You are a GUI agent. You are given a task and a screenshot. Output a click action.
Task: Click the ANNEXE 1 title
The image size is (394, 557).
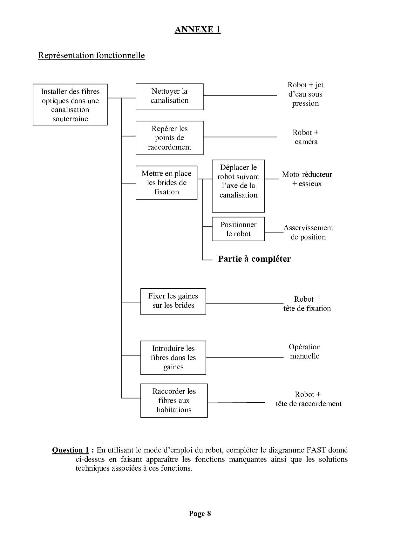click(197, 30)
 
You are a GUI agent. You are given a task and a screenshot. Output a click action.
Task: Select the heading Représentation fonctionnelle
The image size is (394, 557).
click(91, 55)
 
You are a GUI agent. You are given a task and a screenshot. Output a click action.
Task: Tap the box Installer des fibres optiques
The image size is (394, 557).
click(70, 105)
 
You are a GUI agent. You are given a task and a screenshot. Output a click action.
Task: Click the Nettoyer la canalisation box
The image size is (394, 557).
click(169, 97)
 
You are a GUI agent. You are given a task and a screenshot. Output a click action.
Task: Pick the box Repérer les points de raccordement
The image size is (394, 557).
click(169, 138)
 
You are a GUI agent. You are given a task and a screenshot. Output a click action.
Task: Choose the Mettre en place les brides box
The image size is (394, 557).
click(166, 183)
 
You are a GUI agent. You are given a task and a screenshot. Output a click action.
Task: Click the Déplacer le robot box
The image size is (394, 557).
click(238, 186)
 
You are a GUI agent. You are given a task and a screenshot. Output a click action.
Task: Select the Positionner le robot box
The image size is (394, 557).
click(238, 229)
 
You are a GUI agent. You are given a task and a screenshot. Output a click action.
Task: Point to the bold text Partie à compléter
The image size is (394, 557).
click(254, 259)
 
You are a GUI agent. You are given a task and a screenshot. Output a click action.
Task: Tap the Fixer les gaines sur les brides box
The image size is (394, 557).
click(173, 301)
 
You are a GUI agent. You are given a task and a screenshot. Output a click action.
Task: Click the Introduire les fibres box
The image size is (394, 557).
click(173, 358)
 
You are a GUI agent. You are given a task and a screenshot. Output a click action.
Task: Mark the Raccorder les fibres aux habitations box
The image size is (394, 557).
click(174, 400)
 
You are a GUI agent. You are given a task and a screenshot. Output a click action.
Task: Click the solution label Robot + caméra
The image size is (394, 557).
click(306, 137)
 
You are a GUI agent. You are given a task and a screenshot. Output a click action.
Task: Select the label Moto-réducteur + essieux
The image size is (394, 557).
click(307, 179)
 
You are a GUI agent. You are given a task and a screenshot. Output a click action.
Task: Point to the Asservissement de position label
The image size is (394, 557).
click(308, 232)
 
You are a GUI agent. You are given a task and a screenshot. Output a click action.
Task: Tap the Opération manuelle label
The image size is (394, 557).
click(305, 351)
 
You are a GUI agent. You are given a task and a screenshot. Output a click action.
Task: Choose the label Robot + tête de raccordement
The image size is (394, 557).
click(309, 399)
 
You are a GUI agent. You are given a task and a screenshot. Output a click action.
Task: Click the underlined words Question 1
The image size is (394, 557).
click(71, 450)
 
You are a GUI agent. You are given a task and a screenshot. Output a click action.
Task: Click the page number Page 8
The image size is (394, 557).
click(200, 513)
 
